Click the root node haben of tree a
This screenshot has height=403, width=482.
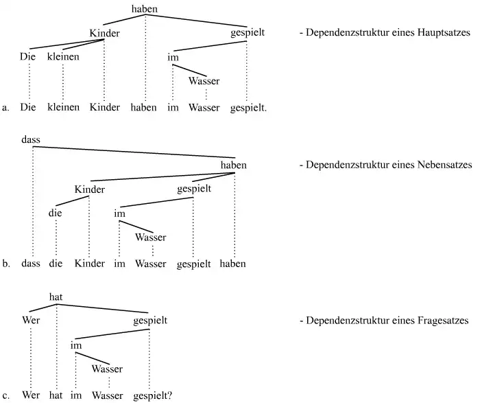pos(144,9)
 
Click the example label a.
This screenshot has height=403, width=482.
pos(5,108)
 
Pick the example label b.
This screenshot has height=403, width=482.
pos(5,264)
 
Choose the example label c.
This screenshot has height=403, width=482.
pos(5,396)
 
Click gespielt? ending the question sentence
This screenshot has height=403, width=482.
pos(153,396)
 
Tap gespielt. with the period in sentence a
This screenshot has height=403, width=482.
pos(248,108)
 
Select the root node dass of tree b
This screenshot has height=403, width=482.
pos(31,140)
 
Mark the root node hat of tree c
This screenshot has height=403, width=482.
pos(56,296)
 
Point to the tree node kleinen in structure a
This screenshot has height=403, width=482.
pos(63,57)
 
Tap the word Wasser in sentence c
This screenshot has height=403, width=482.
pos(107,396)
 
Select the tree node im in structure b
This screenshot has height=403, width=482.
pos(119,214)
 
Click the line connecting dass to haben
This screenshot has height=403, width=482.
pos(134,152)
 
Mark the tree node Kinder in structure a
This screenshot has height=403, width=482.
pos(104,33)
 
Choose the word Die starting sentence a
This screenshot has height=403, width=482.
pos(27,108)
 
